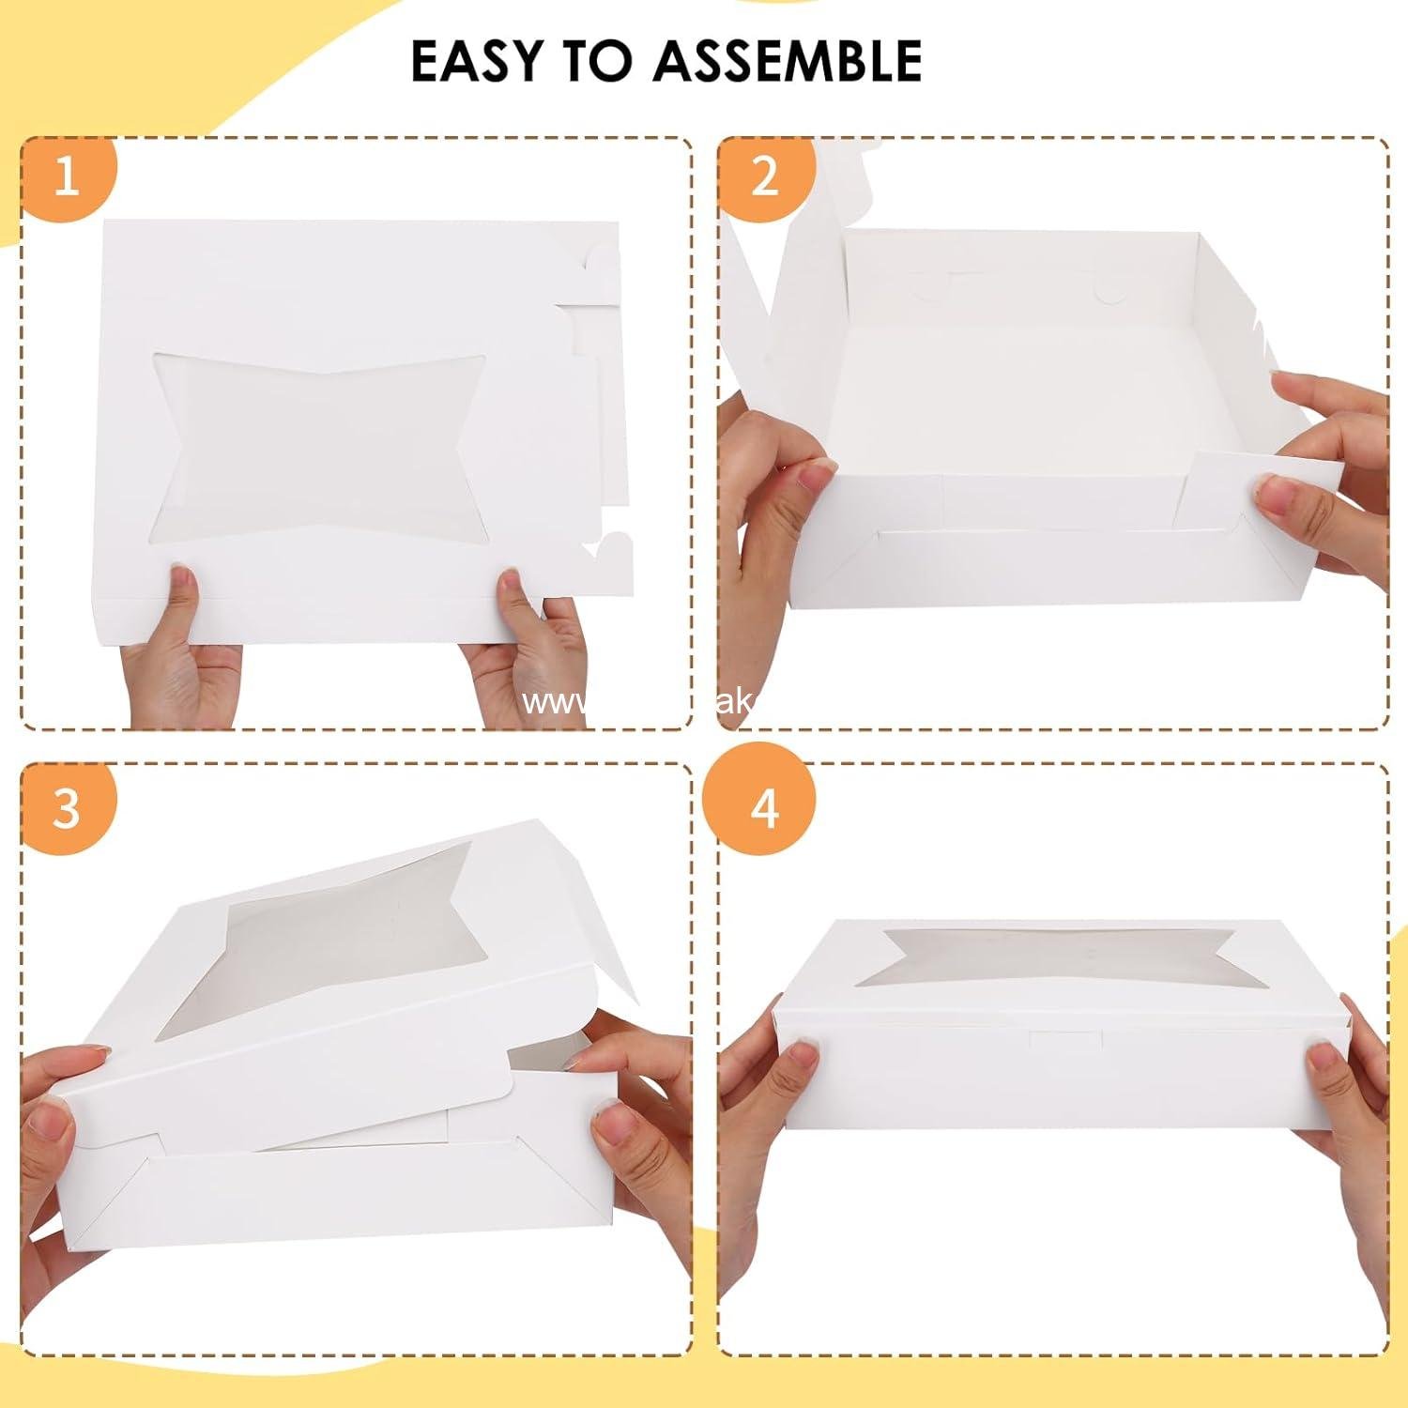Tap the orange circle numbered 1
point(67,176)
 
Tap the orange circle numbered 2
point(765,176)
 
